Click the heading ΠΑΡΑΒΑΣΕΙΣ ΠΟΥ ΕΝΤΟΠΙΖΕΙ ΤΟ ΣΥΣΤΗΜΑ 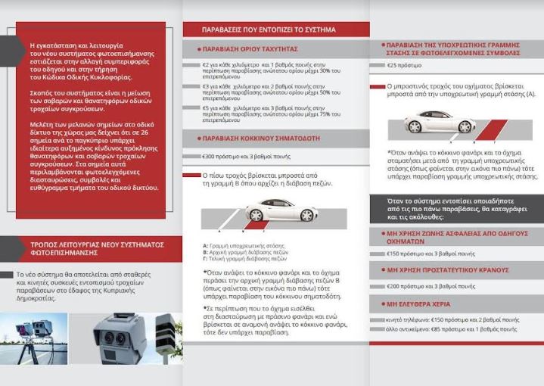coord(269,30)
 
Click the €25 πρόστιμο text coord(405,66)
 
